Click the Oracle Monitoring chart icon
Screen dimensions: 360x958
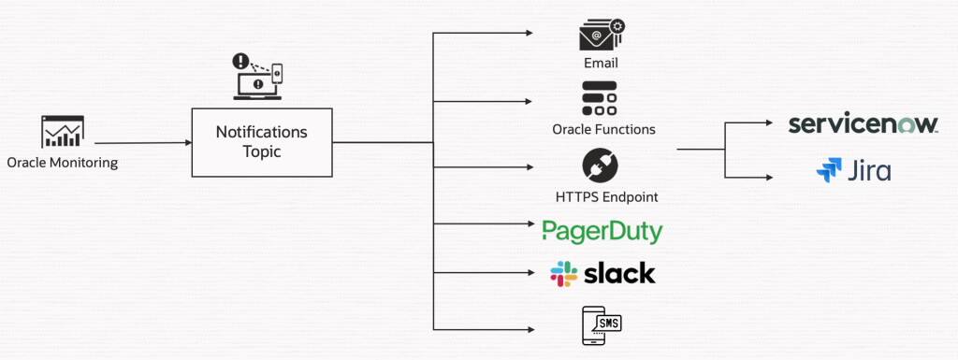[63, 132]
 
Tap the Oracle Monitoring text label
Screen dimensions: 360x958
[63, 163]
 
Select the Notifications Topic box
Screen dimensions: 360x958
[262, 142]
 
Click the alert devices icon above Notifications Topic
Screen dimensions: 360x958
[257, 77]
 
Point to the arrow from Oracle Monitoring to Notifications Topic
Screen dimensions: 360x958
[154, 143]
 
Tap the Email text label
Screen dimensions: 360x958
[600, 65]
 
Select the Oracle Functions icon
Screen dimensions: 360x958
[600, 99]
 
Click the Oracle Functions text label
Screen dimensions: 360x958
[603, 129]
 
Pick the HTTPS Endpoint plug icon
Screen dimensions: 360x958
[600, 166]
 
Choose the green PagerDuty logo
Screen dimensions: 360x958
[602, 231]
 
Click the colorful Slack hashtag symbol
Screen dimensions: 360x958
[563, 274]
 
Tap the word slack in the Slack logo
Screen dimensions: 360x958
[619, 273]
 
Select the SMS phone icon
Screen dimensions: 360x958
[601, 325]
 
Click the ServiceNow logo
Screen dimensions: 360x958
[862, 124]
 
